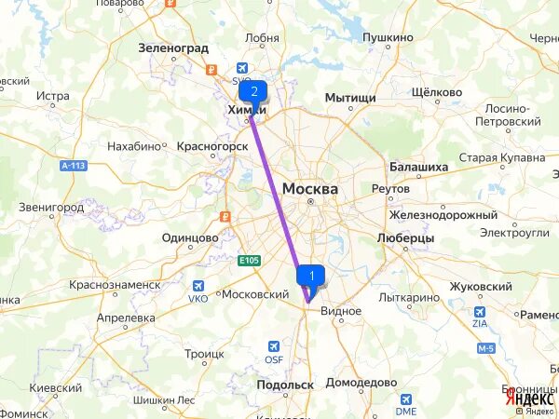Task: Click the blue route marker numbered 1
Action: click(x=311, y=276)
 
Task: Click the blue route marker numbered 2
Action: click(x=253, y=91)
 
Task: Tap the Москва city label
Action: click(x=309, y=188)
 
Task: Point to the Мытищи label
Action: click(x=350, y=98)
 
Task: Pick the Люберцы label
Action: click(x=405, y=238)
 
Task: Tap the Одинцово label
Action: click(x=190, y=237)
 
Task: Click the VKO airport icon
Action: click(x=198, y=287)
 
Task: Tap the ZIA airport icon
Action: click(x=480, y=313)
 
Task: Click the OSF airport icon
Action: click(x=274, y=345)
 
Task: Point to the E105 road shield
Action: click(x=248, y=260)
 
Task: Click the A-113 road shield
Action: click(x=73, y=166)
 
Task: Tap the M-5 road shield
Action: click(x=484, y=348)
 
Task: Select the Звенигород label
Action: click(x=52, y=207)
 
